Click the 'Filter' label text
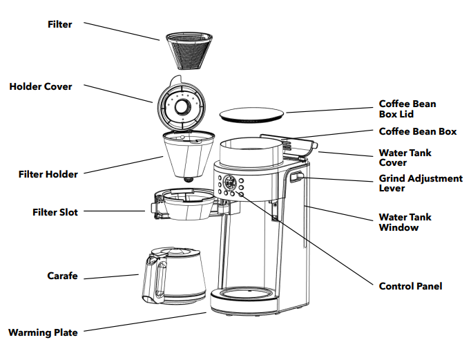coord(59,24)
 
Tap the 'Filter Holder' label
coord(48,174)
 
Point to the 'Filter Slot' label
coord(55,212)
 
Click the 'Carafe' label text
coord(62,276)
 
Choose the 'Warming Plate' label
coord(43,332)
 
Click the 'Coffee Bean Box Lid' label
coord(407,109)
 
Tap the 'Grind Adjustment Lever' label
coord(420,183)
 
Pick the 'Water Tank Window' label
coord(405,222)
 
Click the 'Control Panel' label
coord(410,285)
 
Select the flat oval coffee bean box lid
coord(251,114)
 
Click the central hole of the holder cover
coord(182,107)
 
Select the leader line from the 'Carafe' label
coord(110,277)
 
